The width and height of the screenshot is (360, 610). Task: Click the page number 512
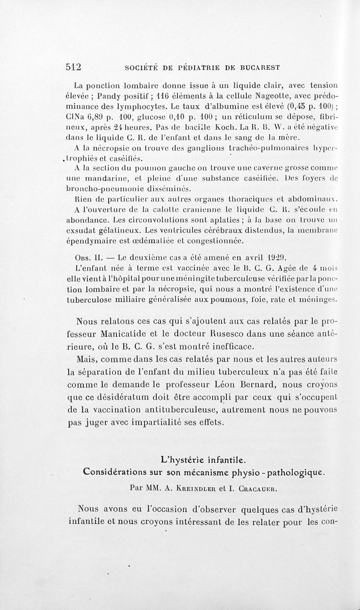[x=72, y=67]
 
